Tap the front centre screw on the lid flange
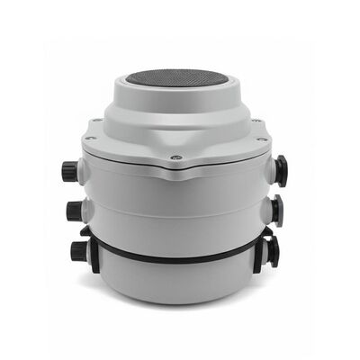[176, 157]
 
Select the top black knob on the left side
[68, 169]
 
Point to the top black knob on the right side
[281, 170]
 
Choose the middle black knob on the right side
[276, 211]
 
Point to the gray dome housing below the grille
[175, 121]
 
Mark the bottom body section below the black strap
[175, 281]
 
